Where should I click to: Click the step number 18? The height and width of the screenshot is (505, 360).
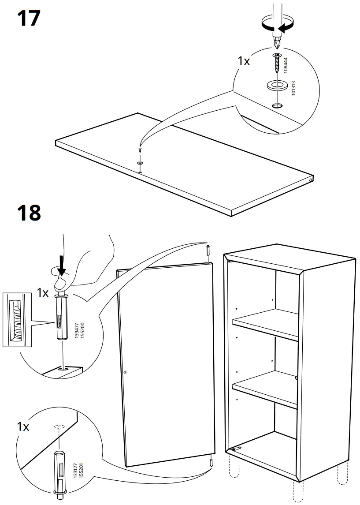(x=29, y=213)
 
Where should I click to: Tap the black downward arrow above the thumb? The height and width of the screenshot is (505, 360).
(x=62, y=267)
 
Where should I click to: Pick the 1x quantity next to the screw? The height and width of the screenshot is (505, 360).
(x=244, y=61)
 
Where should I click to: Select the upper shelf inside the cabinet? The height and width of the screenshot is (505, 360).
(x=266, y=324)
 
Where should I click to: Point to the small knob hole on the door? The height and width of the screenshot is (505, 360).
(x=125, y=373)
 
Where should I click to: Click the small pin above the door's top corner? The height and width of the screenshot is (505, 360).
(x=207, y=252)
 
